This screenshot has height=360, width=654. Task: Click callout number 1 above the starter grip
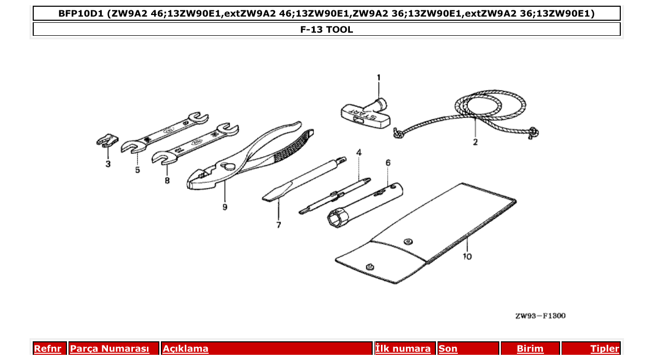click(x=378, y=78)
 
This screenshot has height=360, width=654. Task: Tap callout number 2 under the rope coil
click(x=475, y=142)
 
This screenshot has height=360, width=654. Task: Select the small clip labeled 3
click(x=106, y=141)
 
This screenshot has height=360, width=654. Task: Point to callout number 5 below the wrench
click(x=138, y=170)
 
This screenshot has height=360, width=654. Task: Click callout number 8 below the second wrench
click(x=167, y=181)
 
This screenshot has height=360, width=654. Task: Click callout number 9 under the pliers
click(x=225, y=206)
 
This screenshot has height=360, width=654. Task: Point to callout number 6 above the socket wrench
click(x=388, y=162)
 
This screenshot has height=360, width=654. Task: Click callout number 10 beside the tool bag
click(x=467, y=256)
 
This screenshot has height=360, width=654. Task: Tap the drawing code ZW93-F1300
click(x=540, y=315)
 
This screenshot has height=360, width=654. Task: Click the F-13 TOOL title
click(x=326, y=30)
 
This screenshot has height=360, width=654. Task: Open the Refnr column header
click(x=47, y=349)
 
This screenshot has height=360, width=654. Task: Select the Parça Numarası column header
click(x=110, y=349)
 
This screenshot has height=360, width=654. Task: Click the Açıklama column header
click(x=186, y=349)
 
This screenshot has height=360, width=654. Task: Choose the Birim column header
click(x=530, y=349)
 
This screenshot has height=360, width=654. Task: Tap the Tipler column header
click(x=605, y=349)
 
